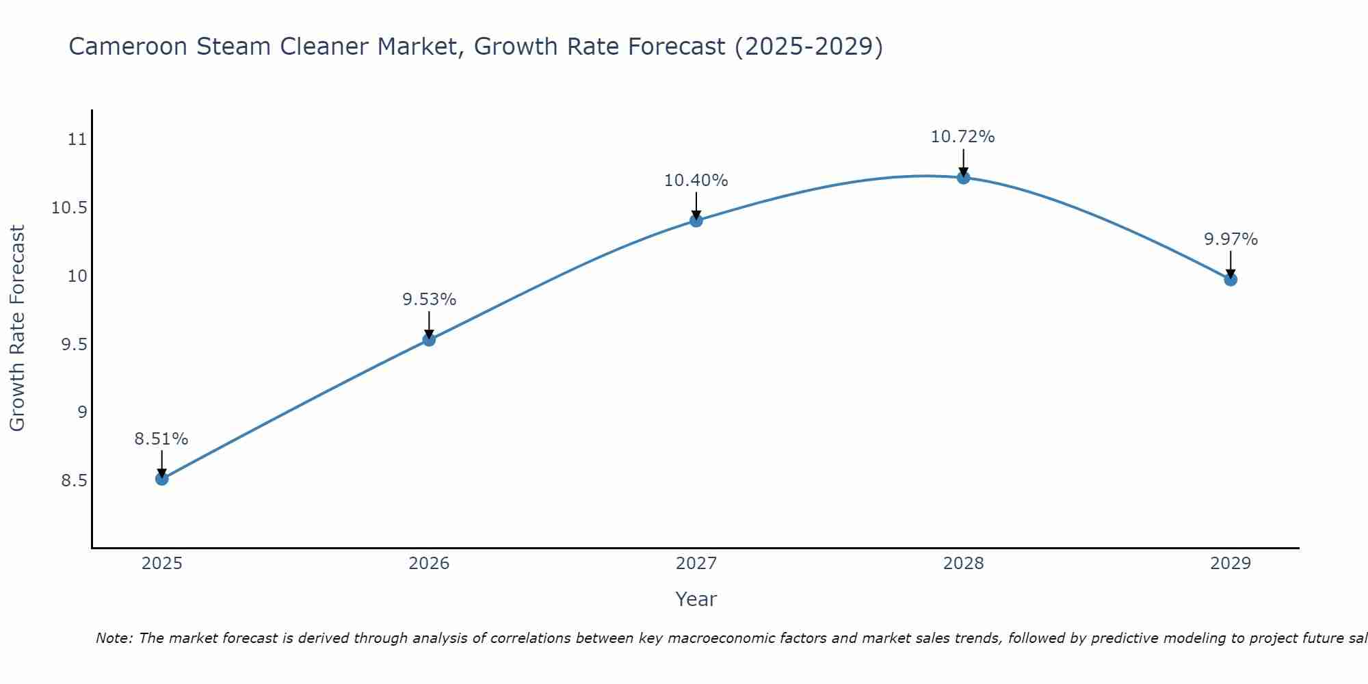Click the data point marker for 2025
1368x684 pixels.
(x=161, y=479)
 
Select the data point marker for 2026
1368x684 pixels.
(x=429, y=339)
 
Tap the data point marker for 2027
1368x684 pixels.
(x=696, y=220)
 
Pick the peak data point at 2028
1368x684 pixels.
(x=963, y=178)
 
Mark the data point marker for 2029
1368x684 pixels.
(x=1231, y=279)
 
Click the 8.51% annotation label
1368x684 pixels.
(x=161, y=439)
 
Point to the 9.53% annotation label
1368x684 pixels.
(x=429, y=300)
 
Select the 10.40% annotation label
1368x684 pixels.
(x=696, y=181)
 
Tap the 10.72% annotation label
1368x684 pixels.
(x=963, y=137)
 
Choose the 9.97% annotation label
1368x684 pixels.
(x=1231, y=239)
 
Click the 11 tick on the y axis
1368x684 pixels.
(x=77, y=140)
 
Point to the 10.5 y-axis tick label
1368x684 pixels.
(x=69, y=208)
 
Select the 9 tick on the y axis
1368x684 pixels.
(x=82, y=412)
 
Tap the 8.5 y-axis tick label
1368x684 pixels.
(x=74, y=481)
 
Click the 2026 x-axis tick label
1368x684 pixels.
(x=429, y=564)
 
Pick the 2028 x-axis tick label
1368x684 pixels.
(x=963, y=564)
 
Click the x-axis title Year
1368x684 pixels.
(x=696, y=599)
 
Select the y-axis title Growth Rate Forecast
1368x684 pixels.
(x=17, y=328)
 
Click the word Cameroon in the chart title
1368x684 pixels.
(x=129, y=47)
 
